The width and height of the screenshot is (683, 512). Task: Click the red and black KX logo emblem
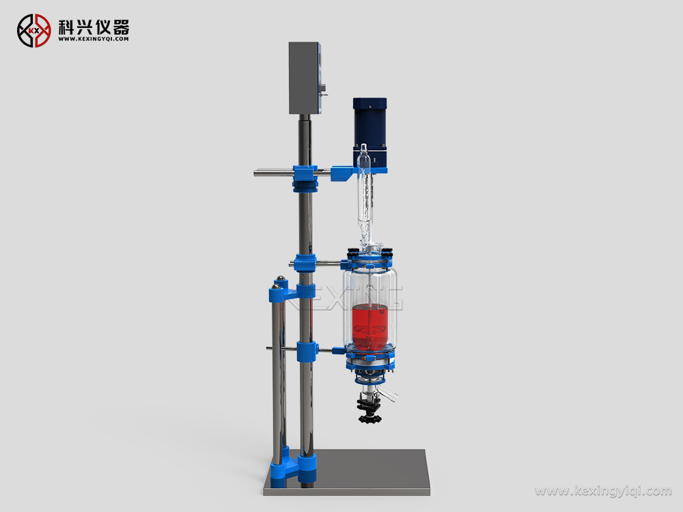click(34, 31)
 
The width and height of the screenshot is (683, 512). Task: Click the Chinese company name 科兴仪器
click(94, 27)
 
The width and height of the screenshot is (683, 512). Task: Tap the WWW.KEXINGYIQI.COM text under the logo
click(93, 39)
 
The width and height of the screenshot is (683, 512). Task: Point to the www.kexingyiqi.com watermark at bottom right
click(603, 491)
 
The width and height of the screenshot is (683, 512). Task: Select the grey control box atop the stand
click(304, 78)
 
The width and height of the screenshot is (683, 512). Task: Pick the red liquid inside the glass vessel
click(371, 327)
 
